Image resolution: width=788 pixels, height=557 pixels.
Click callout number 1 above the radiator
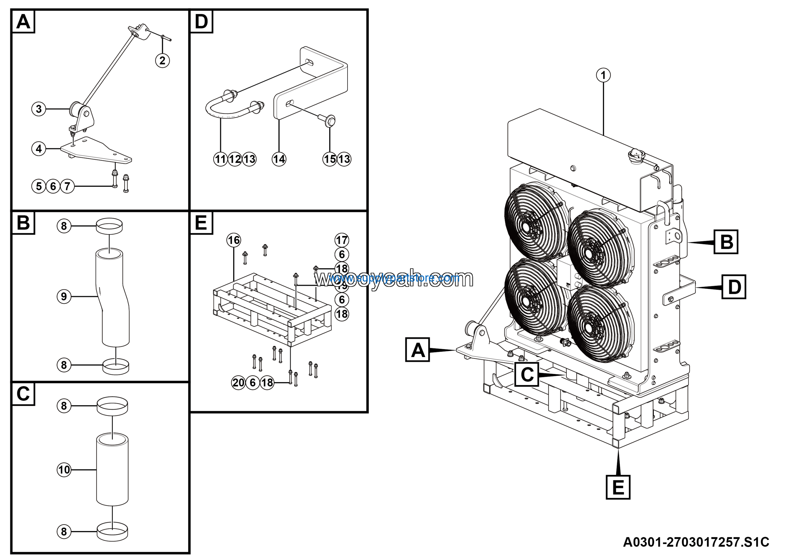tap(603, 75)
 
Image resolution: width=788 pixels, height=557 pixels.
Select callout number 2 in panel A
tap(162, 60)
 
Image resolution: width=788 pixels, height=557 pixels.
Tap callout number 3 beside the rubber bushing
tap(38, 109)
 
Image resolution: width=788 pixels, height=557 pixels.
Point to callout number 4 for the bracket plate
tap(38, 149)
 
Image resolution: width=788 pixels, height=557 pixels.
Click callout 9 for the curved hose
tap(64, 296)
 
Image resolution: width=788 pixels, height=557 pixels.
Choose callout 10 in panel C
tap(64, 470)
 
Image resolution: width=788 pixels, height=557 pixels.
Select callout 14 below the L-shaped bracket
tap(279, 159)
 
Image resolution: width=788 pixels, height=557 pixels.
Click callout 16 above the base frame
tap(234, 240)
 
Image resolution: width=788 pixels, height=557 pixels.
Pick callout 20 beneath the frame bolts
tap(239, 383)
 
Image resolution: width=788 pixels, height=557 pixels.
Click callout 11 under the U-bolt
tap(220, 159)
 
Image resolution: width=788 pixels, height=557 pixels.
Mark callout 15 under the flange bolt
tap(329, 159)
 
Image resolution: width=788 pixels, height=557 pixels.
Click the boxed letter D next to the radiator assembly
tap(734, 287)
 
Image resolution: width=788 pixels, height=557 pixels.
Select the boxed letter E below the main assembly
tap(618, 487)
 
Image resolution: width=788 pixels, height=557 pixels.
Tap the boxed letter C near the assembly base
tap(527, 374)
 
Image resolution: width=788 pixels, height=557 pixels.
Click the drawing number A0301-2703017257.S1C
tap(696, 542)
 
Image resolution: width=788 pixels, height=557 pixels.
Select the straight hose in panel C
tap(112, 470)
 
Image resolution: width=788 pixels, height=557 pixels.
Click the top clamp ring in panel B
tap(109, 226)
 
